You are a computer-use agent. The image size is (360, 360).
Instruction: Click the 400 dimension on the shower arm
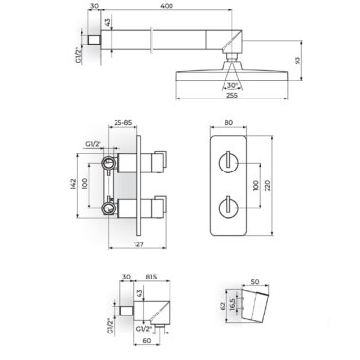point(167,6)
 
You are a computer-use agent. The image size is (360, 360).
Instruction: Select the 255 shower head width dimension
point(232,95)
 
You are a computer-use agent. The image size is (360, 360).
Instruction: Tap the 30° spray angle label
point(232,85)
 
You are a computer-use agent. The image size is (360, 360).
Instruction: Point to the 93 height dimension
point(297,61)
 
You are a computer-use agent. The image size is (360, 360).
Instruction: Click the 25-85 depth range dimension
point(123,122)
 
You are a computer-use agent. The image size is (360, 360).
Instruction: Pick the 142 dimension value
point(73,185)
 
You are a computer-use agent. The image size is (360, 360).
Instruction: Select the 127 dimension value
point(137,244)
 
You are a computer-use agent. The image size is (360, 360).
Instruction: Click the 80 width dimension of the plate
point(228,122)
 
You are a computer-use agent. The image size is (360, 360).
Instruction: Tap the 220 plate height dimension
point(268,186)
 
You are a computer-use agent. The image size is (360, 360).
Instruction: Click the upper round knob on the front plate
point(227,163)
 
